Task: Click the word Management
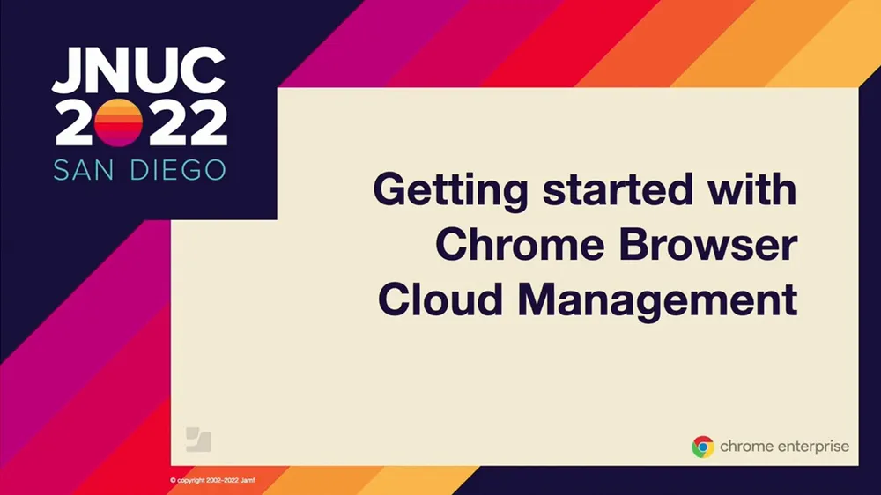[x=657, y=301]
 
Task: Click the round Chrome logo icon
[x=702, y=447]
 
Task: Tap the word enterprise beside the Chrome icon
[x=809, y=447]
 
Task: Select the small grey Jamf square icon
[x=198, y=439]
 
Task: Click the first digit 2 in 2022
[x=72, y=122]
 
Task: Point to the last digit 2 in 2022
[x=206, y=122]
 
